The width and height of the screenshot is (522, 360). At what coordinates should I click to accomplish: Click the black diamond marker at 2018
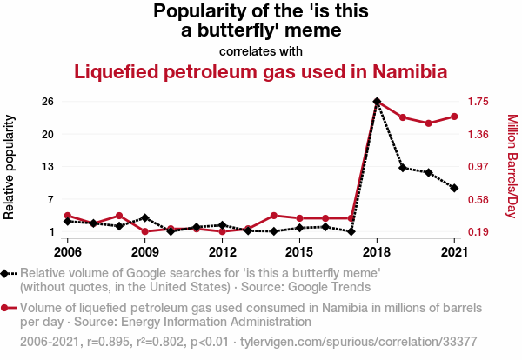[377, 102]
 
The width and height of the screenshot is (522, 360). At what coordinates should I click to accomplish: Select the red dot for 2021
[454, 116]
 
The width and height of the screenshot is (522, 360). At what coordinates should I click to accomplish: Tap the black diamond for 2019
[403, 167]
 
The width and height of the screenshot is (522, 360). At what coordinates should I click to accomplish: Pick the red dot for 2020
[429, 123]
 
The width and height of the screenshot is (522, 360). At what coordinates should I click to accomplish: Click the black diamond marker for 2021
[454, 188]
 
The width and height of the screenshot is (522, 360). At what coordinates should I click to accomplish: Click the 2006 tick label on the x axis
[67, 252]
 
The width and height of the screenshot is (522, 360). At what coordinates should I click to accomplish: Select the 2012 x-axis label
[223, 252]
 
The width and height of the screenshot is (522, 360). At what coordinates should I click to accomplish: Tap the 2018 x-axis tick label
[377, 252]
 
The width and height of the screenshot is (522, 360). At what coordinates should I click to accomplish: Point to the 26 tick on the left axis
[48, 102]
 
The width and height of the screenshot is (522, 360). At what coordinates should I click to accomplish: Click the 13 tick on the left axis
[48, 167]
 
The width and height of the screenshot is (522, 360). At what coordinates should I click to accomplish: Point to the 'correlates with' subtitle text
[261, 50]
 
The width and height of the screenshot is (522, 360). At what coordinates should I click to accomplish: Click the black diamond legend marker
[6, 274]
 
